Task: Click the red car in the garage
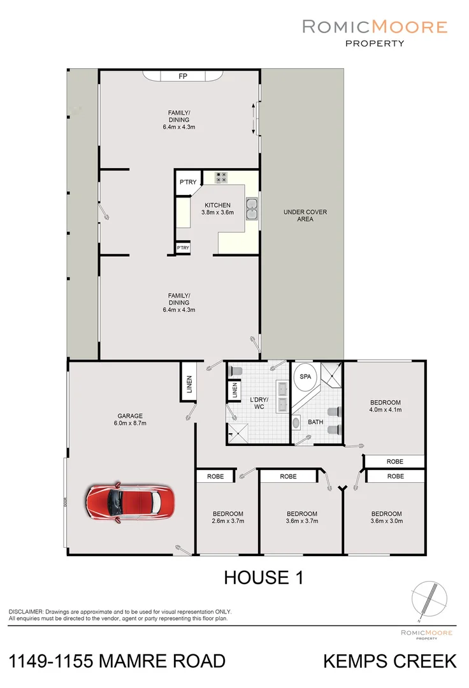click(x=129, y=501)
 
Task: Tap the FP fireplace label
click(x=182, y=76)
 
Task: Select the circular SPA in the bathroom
click(x=306, y=376)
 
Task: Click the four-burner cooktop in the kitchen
click(x=221, y=178)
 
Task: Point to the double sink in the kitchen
click(x=252, y=210)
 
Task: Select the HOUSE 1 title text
click(x=263, y=578)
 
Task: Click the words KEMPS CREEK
click(x=390, y=661)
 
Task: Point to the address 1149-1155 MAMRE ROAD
click(x=118, y=661)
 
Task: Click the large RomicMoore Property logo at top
click(x=374, y=32)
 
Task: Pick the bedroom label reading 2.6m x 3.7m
click(x=228, y=517)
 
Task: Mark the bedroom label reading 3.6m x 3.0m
click(x=387, y=517)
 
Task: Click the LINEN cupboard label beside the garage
click(x=189, y=382)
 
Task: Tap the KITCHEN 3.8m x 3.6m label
click(x=217, y=209)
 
